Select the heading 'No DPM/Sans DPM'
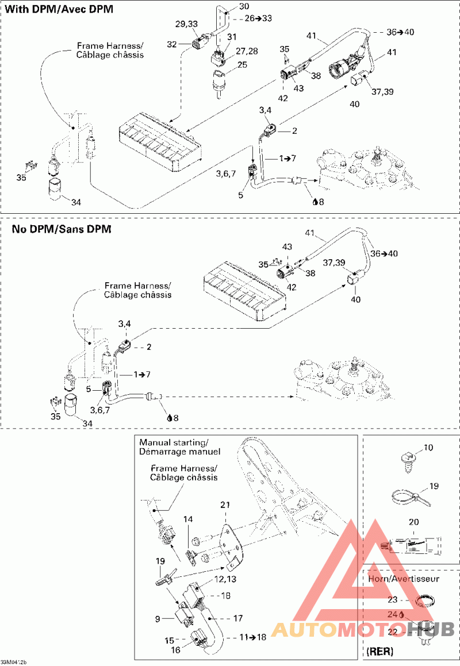62,229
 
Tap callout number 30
244,6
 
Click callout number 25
242,64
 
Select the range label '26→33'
258,18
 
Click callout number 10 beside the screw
429,447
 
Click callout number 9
158,619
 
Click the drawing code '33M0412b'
14,662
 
